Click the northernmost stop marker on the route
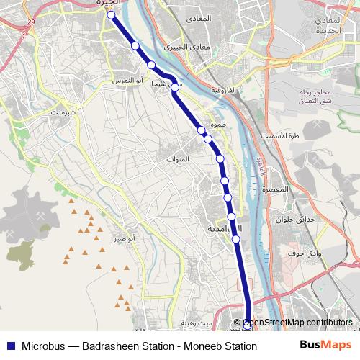pyautogui.click(x=112, y=14)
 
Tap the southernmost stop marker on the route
pyautogui.click(x=247, y=325)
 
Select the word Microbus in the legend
pyautogui.click(x=42, y=346)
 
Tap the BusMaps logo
pyautogui.click(x=325, y=345)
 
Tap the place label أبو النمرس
pyautogui.click(x=127, y=81)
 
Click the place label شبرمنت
pyautogui.click(x=63, y=113)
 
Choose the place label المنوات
pyautogui.click(x=178, y=158)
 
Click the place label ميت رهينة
pyautogui.click(x=196, y=323)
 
